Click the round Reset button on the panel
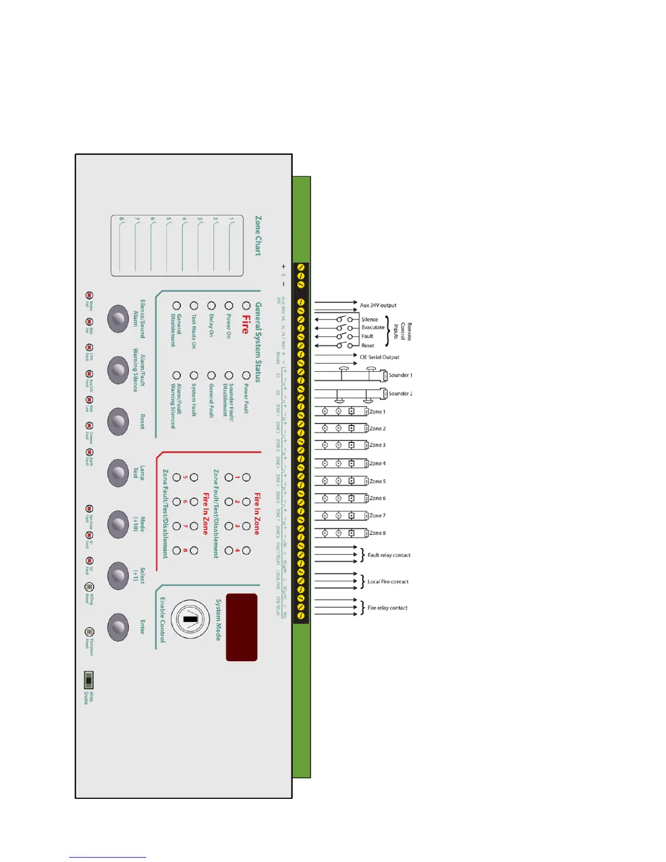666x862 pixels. click(x=118, y=421)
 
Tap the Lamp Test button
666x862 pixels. click(x=118, y=472)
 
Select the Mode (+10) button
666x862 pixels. click(x=118, y=524)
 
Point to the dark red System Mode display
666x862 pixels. click(x=242, y=627)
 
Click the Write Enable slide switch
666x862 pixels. click(x=89, y=680)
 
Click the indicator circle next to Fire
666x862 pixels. click(x=246, y=306)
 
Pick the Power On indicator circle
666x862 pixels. click(x=229, y=306)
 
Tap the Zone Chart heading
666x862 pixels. click(x=258, y=236)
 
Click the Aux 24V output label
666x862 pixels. click(x=378, y=305)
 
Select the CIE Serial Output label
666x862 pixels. click(x=379, y=357)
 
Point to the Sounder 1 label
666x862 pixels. click(x=400, y=375)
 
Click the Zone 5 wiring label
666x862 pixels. click(x=377, y=481)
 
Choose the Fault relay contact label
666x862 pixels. click(x=388, y=555)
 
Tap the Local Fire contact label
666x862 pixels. click(x=388, y=581)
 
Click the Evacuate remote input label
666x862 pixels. click(x=373, y=327)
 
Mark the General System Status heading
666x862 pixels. click(x=258, y=342)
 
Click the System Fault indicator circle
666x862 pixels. click(x=194, y=375)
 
